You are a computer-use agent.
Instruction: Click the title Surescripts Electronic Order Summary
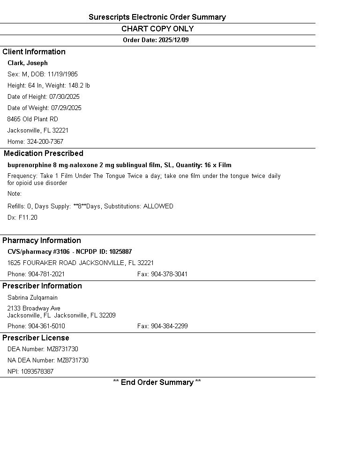click(157, 17)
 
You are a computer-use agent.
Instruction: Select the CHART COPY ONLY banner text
click(157, 29)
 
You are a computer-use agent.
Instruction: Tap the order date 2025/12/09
click(173, 40)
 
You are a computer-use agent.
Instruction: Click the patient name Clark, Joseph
click(28, 63)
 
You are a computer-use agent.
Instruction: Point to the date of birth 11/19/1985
click(62, 74)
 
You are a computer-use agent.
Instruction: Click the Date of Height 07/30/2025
click(64, 97)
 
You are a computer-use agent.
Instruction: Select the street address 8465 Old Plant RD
click(33, 119)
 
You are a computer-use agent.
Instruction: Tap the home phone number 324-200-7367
click(45, 142)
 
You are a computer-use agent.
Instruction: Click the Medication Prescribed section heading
click(44, 154)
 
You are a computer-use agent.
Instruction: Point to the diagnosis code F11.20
click(28, 218)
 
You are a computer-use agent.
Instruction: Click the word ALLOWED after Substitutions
click(158, 206)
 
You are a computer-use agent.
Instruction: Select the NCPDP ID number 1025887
click(120, 252)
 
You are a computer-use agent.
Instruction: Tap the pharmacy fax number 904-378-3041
click(169, 274)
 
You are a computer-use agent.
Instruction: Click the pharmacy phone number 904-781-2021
click(46, 274)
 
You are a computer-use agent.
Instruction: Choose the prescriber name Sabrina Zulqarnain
click(32, 298)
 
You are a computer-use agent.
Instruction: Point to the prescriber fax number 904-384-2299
click(169, 326)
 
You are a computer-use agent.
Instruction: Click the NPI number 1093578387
click(37, 372)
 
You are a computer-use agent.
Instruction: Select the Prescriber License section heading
click(36, 338)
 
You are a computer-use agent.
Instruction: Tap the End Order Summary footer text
click(157, 383)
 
